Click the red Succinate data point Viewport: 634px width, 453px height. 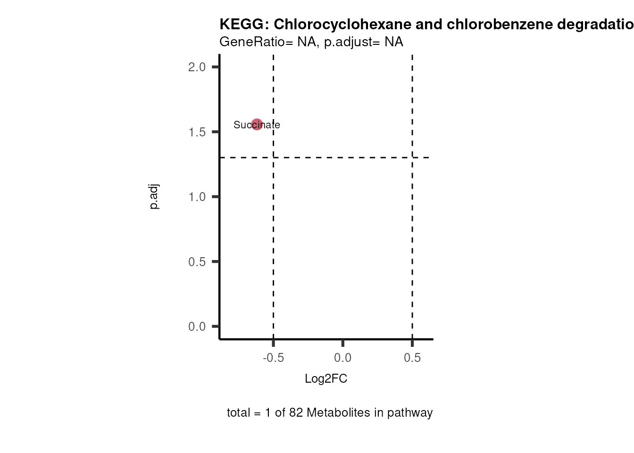[x=257, y=125]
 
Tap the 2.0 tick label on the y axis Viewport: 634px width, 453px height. [x=197, y=67]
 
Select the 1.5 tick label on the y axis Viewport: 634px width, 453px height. [x=197, y=132]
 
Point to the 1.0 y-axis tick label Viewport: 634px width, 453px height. [x=197, y=197]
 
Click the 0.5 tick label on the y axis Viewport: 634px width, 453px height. [x=197, y=262]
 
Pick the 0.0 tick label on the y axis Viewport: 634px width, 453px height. [x=197, y=327]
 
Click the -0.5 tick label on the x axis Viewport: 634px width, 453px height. [x=273, y=358]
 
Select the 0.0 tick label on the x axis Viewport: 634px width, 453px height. [x=342, y=358]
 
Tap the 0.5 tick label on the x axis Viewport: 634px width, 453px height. [x=412, y=358]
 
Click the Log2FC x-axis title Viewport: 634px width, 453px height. [x=326, y=379]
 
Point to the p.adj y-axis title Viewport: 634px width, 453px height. [x=154, y=197]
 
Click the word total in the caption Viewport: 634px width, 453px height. [x=238, y=413]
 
